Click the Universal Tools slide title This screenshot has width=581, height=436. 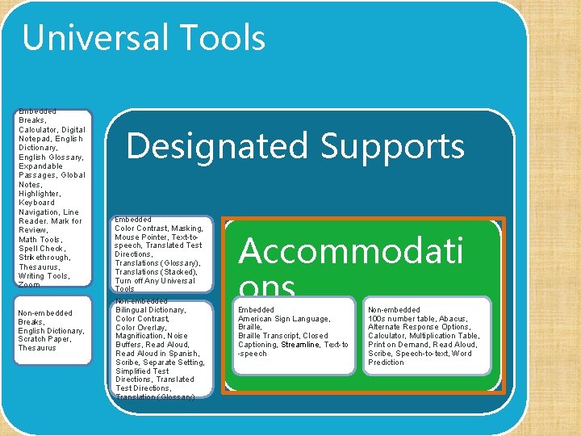[144, 38]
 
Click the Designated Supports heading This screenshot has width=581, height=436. [295, 146]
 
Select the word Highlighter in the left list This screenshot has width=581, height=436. [40, 194]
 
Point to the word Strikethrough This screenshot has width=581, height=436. [44, 258]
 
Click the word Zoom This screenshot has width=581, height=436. [29, 285]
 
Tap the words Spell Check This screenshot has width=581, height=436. [41, 249]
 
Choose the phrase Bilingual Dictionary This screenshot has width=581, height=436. [151, 310]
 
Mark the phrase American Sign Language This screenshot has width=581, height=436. [284, 319]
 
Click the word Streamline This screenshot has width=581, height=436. [300, 345]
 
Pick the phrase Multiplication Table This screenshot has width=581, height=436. [444, 336]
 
